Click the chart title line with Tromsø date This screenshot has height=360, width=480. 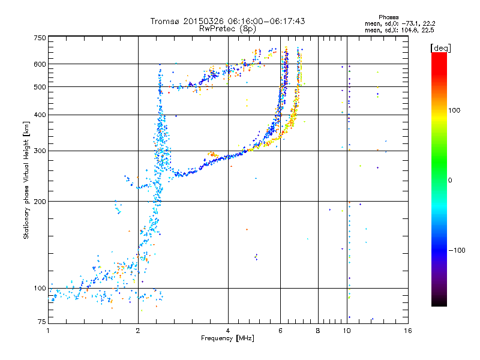[x=227, y=21]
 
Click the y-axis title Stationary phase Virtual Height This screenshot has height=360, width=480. [x=26, y=180]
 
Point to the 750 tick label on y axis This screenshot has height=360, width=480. [x=40, y=38]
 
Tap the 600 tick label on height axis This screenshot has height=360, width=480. [x=40, y=64]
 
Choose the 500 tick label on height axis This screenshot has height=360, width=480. [x=40, y=87]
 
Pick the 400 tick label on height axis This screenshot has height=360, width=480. [x=40, y=115]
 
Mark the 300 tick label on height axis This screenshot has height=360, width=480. [x=40, y=151]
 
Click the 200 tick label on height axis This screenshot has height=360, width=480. [x=40, y=202]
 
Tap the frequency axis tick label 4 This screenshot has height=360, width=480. [x=228, y=331]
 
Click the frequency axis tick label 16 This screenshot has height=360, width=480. [x=408, y=331]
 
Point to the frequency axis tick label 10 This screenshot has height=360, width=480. [x=347, y=331]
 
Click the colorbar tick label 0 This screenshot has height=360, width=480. [x=451, y=180]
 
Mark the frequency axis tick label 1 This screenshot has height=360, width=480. [x=48, y=331]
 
